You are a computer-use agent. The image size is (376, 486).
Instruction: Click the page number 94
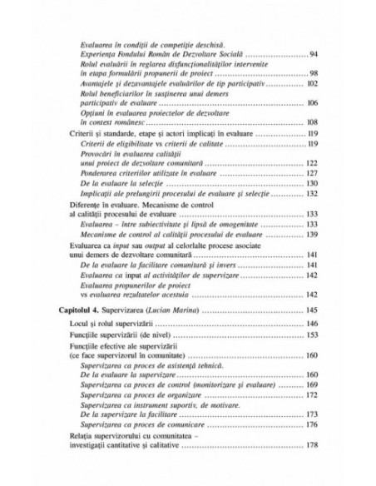coord(314,54)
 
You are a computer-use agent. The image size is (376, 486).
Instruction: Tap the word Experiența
coord(100,54)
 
